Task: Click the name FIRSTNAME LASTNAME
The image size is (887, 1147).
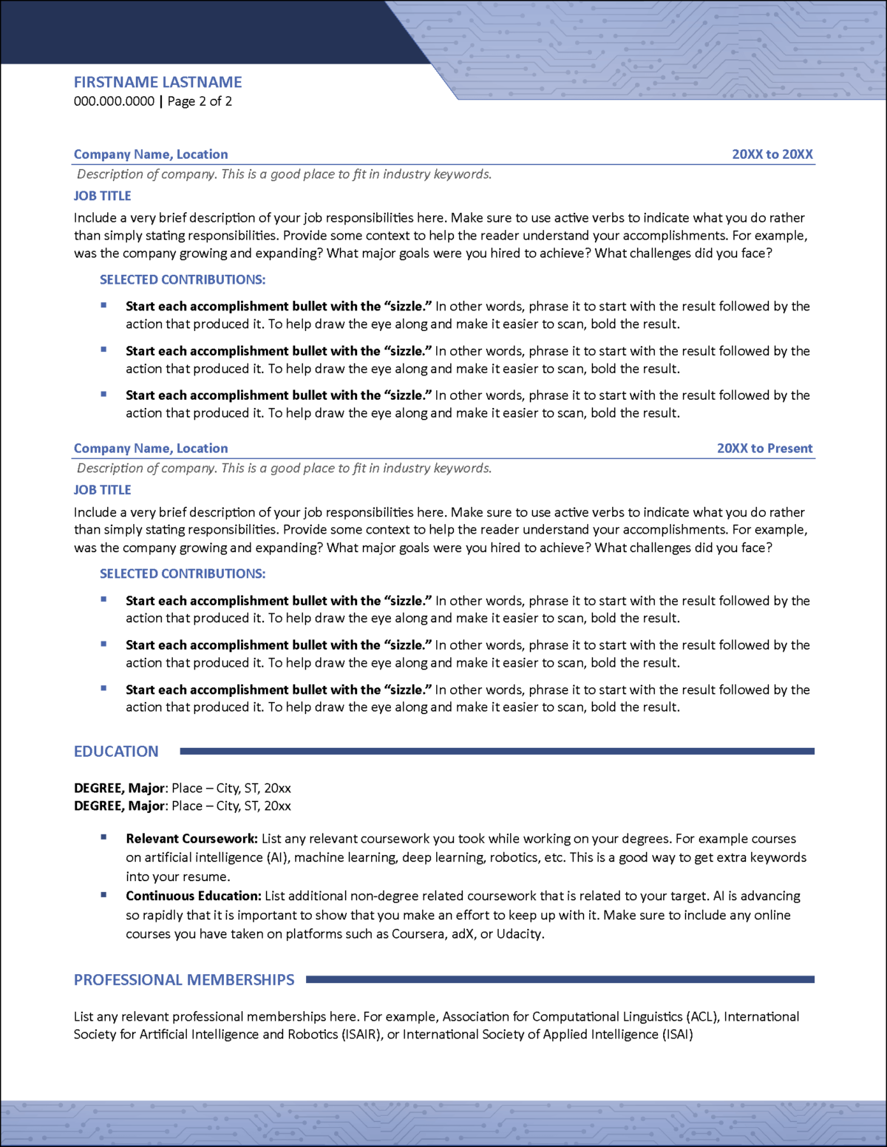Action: click(157, 82)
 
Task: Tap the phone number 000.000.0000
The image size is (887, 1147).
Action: click(114, 101)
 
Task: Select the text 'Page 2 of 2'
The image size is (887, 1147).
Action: click(200, 101)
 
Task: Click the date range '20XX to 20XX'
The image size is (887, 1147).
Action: click(772, 154)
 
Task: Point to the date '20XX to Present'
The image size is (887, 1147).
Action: click(764, 449)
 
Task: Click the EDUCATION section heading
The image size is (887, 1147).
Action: click(116, 752)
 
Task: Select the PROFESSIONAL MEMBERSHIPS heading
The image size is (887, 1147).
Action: click(184, 980)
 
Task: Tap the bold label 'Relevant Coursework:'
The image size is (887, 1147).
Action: click(191, 839)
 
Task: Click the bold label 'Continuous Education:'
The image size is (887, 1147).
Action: click(193, 896)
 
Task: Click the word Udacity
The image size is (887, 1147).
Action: click(520, 934)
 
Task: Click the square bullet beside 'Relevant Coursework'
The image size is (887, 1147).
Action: click(103, 837)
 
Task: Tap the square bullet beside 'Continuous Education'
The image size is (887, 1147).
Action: click(103, 894)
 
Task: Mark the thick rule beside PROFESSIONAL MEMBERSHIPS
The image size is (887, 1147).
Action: click(560, 979)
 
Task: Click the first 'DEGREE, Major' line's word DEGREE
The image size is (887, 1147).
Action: click(99, 789)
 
